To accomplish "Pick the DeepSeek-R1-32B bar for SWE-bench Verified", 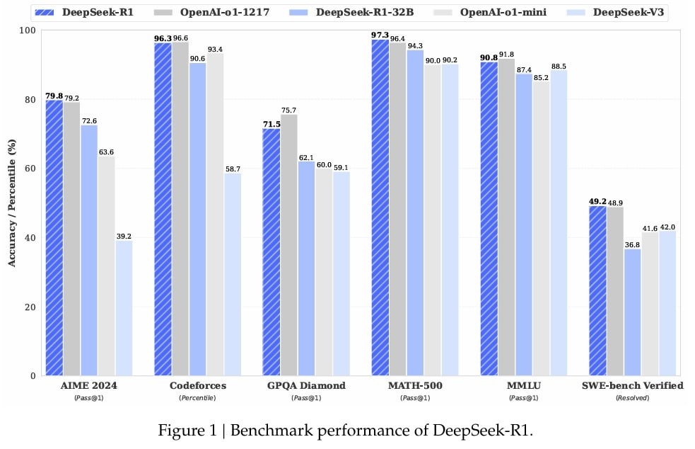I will tap(632, 312).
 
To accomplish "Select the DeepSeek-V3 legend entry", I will tap(615, 13).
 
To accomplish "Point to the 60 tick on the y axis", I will tap(30, 169).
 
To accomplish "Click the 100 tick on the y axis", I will tap(28, 30).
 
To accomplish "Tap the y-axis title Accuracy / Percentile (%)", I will tap(11, 203).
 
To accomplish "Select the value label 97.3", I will tap(380, 34).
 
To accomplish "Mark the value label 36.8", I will tap(632, 244).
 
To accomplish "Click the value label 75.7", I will tap(288, 109).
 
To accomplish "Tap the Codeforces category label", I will tap(197, 386).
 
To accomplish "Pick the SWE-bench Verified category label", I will tap(631, 386).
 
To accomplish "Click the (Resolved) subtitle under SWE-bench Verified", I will tap(631, 398).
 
